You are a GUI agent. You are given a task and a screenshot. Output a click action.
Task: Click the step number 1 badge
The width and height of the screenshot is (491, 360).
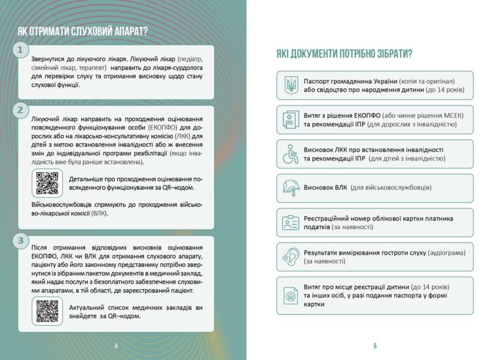tap(20, 50)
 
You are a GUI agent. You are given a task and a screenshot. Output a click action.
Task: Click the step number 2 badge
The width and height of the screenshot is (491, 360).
tap(20, 110)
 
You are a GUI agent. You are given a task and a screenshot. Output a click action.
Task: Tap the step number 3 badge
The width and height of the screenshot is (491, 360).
tap(20, 240)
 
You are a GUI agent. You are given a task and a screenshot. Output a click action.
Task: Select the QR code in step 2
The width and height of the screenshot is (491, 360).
tap(47, 183)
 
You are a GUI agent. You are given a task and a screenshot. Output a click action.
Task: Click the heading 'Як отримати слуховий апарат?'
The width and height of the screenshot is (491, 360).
tap(82, 31)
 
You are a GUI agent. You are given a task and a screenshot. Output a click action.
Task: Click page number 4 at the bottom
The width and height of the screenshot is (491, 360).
tap(116, 346)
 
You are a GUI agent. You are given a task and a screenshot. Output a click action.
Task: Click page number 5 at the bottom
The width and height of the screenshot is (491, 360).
tap(375, 346)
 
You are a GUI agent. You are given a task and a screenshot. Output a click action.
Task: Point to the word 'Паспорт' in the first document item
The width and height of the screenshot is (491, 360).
tap(319, 81)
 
